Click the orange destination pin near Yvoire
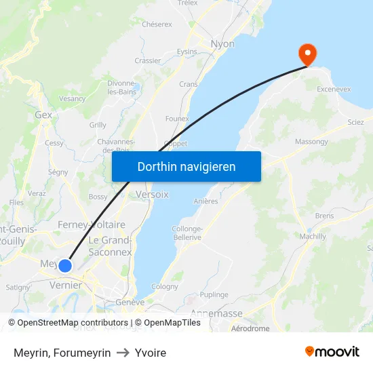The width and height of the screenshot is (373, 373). coord(307,54)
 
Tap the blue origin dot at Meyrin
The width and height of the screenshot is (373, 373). coord(65,266)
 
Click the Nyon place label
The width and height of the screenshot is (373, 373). coord(222,44)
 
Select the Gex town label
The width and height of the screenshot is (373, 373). coord(43,115)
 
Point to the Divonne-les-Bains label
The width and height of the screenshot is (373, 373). coord(121,87)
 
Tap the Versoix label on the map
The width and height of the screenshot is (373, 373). coord(152,194)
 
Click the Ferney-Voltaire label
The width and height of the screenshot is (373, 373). coord(92,224)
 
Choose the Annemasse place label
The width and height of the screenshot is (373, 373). coord(216,313)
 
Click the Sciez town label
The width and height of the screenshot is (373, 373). coord(355,122)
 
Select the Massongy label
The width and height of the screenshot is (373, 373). coord(311,142)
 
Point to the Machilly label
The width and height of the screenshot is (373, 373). coord(313,236)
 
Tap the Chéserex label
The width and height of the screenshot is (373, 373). coord(157,24)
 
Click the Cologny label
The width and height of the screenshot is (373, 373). coord(165,287)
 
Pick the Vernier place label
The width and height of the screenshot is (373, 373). coord(66,286)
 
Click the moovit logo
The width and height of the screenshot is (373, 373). coord(332,351)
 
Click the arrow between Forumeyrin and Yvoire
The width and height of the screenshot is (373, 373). coord(123,353)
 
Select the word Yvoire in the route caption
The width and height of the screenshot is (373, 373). coord(151,353)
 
